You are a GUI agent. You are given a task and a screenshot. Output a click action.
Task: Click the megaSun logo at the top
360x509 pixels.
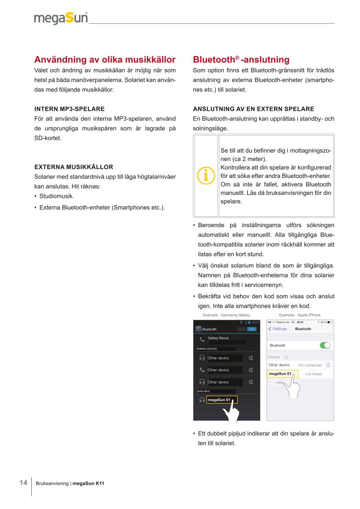pyautogui.click(x=61, y=18)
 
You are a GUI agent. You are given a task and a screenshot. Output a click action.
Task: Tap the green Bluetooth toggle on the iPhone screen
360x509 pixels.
pyautogui.click(x=325, y=345)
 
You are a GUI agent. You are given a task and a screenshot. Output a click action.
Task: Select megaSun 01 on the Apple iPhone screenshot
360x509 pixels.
pyautogui.click(x=279, y=373)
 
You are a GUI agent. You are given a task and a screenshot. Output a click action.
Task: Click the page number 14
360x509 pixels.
pyautogui.click(x=23, y=483)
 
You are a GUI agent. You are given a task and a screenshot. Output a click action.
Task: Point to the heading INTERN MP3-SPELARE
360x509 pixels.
pyautogui.click(x=69, y=108)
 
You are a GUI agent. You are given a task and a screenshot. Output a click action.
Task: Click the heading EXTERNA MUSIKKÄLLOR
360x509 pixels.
pyautogui.click(x=74, y=167)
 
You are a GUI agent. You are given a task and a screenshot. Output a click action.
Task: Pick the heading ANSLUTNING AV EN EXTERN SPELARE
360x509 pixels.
pyautogui.click(x=253, y=108)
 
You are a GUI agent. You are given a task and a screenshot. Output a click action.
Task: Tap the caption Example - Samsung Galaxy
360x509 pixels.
pyautogui.click(x=226, y=315)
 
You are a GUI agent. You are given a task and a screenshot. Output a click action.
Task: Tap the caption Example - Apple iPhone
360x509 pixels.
pyautogui.click(x=300, y=315)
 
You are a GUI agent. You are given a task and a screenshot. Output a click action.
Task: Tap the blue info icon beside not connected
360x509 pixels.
pyautogui.click(x=328, y=365)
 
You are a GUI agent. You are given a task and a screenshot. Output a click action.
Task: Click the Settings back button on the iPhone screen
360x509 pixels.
pyautogui.click(x=277, y=329)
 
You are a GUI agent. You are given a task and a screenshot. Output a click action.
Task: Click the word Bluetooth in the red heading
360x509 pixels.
pyautogui.click(x=213, y=60)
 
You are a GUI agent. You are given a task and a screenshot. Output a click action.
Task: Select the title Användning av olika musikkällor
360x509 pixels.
pyautogui.click(x=104, y=60)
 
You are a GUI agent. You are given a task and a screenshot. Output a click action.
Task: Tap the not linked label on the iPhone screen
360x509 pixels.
pyautogui.click(x=314, y=374)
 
